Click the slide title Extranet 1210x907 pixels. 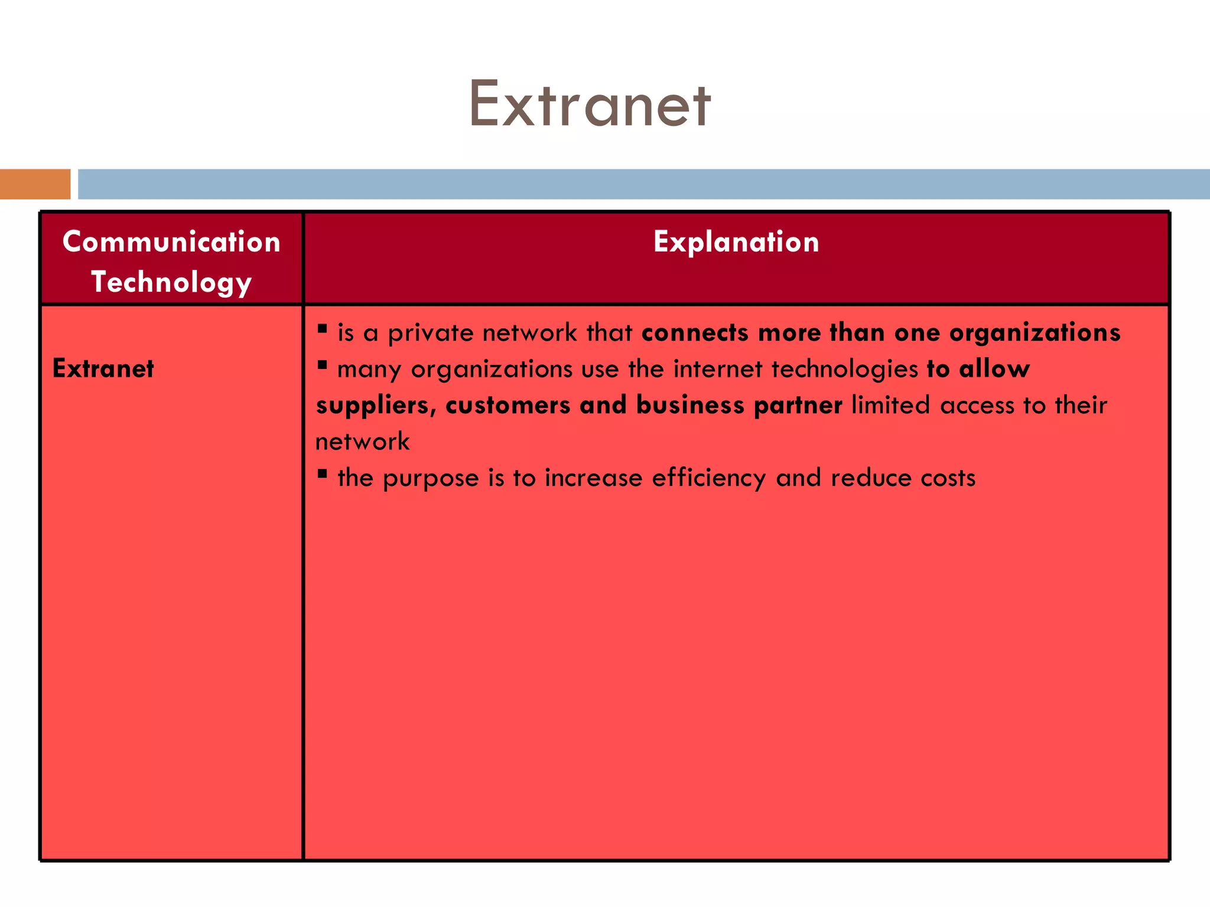point(590,105)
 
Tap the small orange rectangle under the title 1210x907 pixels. point(35,184)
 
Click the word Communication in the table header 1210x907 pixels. point(171,242)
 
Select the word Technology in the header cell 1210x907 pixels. point(171,282)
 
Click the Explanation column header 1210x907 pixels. point(736,242)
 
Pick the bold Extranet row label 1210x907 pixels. point(103,368)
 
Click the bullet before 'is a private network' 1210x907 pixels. point(322,328)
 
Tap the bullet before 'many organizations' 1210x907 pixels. point(322,365)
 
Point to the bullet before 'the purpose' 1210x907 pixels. point(322,473)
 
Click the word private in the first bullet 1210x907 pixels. point(430,334)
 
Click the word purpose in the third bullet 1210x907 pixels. point(431,479)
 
